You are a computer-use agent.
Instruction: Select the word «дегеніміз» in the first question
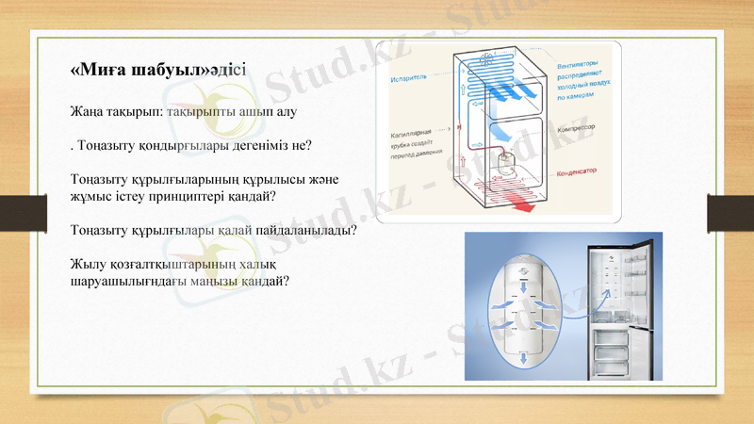239,147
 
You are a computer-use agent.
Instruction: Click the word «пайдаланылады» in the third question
308,231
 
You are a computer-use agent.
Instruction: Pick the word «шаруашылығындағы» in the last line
131,281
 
